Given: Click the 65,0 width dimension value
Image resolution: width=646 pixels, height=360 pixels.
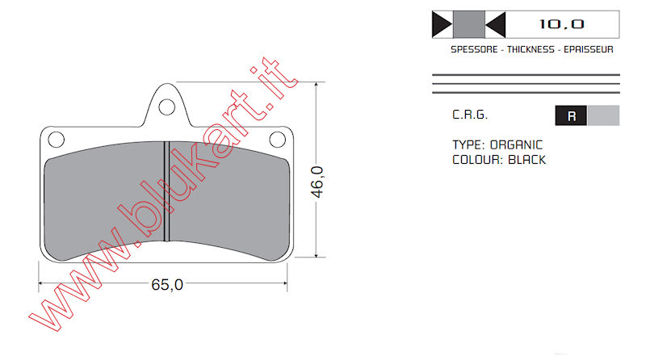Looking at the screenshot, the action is tap(167, 285).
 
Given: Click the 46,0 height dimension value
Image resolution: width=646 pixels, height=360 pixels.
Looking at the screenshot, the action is tap(317, 182).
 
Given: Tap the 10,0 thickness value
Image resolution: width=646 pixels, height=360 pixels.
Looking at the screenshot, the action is tap(561, 24).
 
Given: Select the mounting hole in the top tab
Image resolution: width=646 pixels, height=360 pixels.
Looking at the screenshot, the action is tap(167, 107).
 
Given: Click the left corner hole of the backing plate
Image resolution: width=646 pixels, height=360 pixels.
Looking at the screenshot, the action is tap(56, 140).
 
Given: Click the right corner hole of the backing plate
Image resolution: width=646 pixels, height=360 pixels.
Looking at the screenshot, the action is tap(277, 140).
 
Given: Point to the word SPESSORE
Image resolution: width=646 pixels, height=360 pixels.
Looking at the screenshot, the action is tap(474, 49).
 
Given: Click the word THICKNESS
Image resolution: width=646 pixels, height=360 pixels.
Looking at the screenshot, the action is tap(531, 49).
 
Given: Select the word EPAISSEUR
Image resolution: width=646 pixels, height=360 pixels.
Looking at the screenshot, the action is tap(589, 49).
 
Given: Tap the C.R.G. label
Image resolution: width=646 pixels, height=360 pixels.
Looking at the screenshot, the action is tap(470, 115).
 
